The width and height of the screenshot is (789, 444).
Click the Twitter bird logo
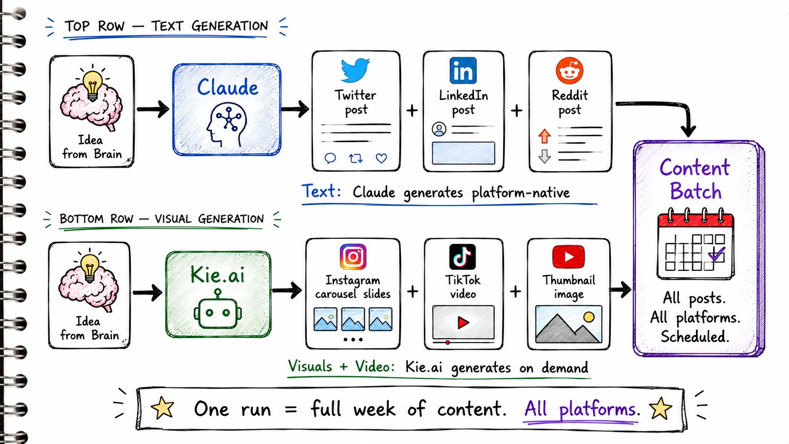click(x=355, y=70)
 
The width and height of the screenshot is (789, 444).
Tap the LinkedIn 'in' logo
click(x=463, y=70)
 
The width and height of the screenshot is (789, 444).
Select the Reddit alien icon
click(x=570, y=71)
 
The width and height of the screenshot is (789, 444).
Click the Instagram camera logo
click(x=353, y=257)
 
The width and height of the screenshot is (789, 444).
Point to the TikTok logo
click(x=462, y=257)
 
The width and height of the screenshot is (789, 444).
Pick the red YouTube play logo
click(x=569, y=257)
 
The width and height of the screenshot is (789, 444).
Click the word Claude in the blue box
click(x=227, y=87)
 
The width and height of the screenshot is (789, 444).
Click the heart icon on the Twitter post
click(x=381, y=159)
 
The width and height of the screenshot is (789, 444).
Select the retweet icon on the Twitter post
click(x=356, y=159)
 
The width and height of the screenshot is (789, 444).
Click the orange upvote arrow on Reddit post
click(x=545, y=136)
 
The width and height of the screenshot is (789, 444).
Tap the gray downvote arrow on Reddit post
click(x=545, y=156)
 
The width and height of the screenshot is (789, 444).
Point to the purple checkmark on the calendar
click(x=717, y=253)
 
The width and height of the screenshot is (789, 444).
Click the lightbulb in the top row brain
click(x=92, y=84)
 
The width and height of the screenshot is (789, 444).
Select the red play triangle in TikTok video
click(x=463, y=323)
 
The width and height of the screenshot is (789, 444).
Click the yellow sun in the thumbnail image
click(x=588, y=317)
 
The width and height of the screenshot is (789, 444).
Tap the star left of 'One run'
click(x=162, y=408)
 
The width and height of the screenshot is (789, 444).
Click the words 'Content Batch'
click(x=695, y=179)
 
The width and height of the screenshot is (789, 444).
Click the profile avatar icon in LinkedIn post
click(x=439, y=129)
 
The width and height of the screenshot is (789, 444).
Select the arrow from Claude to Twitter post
click(x=295, y=109)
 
